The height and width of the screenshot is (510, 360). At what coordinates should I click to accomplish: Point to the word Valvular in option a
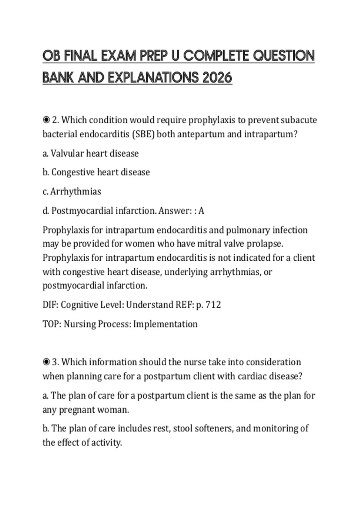pos(67,153)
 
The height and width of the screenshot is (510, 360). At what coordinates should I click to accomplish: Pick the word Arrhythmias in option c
pos(76,191)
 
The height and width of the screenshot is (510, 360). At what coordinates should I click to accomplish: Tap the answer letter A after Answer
pos(201,211)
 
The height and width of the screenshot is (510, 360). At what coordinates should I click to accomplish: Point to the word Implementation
pos(165,324)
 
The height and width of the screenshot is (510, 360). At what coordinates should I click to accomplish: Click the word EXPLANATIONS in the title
pos(153,78)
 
